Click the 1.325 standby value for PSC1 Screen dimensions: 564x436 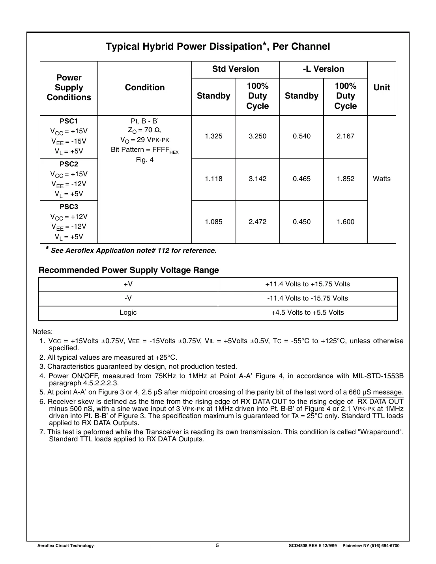(x=213, y=136)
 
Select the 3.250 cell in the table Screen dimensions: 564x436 (x=257, y=136)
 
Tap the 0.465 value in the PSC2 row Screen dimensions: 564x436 (x=301, y=179)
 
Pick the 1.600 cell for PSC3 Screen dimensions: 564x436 (x=345, y=222)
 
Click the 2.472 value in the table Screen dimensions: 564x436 (x=257, y=222)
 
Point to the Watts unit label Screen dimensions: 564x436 (x=381, y=179)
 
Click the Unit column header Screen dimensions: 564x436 (x=381, y=88)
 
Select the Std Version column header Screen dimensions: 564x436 (x=236, y=69)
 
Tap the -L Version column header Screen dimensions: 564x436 (x=323, y=69)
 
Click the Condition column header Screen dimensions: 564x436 (x=144, y=88)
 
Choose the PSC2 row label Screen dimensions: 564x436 (x=69, y=164)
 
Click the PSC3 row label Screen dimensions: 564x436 (x=69, y=207)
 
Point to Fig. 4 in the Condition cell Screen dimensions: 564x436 (x=144, y=160)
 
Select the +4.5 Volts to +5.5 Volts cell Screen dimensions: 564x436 (x=307, y=313)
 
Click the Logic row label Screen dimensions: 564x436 (x=128, y=313)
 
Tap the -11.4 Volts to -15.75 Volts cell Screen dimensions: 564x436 (x=307, y=298)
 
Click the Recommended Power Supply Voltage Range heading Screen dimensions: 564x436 (x=129, y=270)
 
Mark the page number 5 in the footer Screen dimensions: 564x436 (x=217, y=545)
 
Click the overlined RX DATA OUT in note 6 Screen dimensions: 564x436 (x=380, y=402)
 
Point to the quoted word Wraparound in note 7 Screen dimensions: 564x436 (x=380, y=432)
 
